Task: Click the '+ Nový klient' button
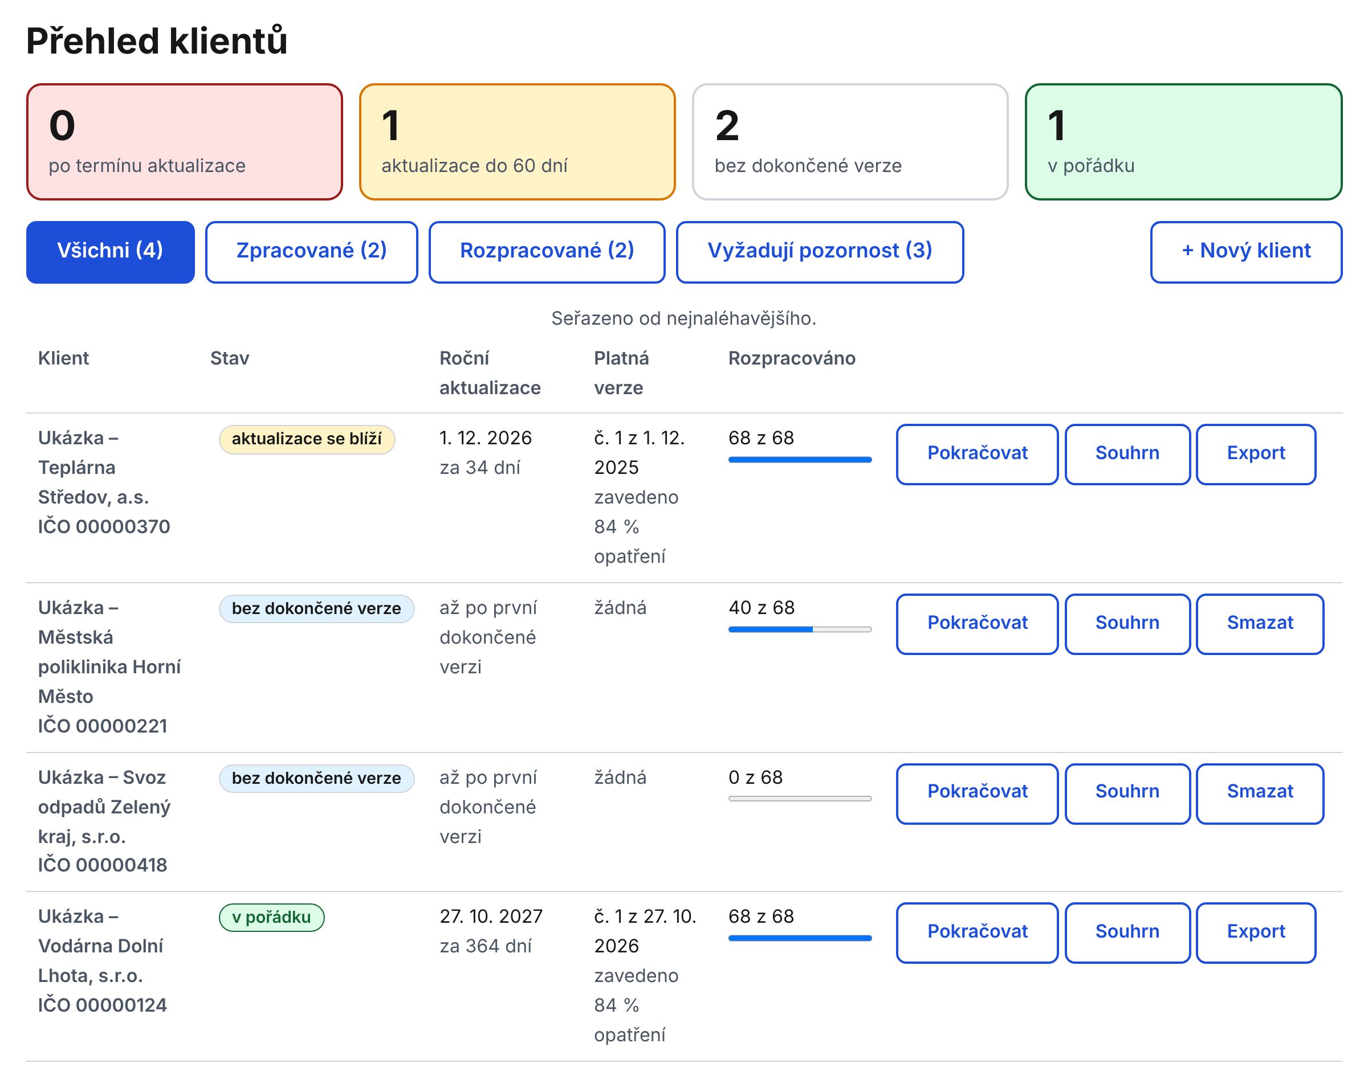click(1246, 252)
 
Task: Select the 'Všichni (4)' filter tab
click(110, 252)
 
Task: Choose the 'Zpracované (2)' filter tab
click(311, 252)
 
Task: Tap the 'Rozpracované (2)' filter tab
click(547, 252)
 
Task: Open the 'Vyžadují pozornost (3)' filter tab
click(820, 252)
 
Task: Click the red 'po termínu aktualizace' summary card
click(184, 142)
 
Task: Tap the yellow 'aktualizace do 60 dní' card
click(517, 142)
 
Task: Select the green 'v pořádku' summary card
click(1183, 142)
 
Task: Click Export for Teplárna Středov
click(1256, 454)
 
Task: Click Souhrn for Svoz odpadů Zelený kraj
click(1127, 793)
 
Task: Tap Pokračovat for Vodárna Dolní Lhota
click(977, 932)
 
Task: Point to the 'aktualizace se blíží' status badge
click(307, 439)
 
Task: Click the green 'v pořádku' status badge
click(271, 918)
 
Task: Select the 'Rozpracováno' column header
click(792, 358)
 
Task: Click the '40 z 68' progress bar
click(800, 629)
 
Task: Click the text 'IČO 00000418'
click(103, 865)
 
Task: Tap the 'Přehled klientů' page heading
click(157, 41)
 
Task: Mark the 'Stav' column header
click(230, 358)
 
